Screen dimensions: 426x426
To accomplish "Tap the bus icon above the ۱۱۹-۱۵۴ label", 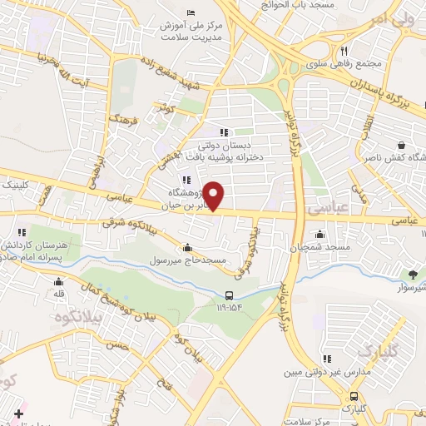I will click(x=230, y=295).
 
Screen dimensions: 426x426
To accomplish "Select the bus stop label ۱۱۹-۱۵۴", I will click(x=230, y=307).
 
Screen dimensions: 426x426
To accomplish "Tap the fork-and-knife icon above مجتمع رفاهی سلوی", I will click(x=356, y=49).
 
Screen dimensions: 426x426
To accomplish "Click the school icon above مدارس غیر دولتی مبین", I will click(x=328, y=359).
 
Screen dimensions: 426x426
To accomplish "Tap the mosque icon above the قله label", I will click(x=58, y=281).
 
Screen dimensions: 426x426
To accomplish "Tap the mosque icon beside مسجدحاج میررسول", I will click(x=186, y=247).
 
